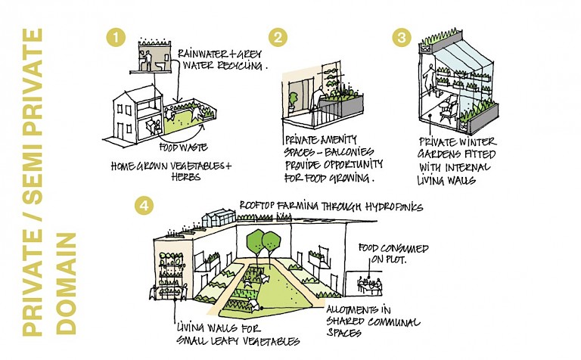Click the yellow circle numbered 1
(x=115, y=37)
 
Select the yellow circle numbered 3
(x=402, y=37)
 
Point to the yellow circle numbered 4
(x=141, y=203)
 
